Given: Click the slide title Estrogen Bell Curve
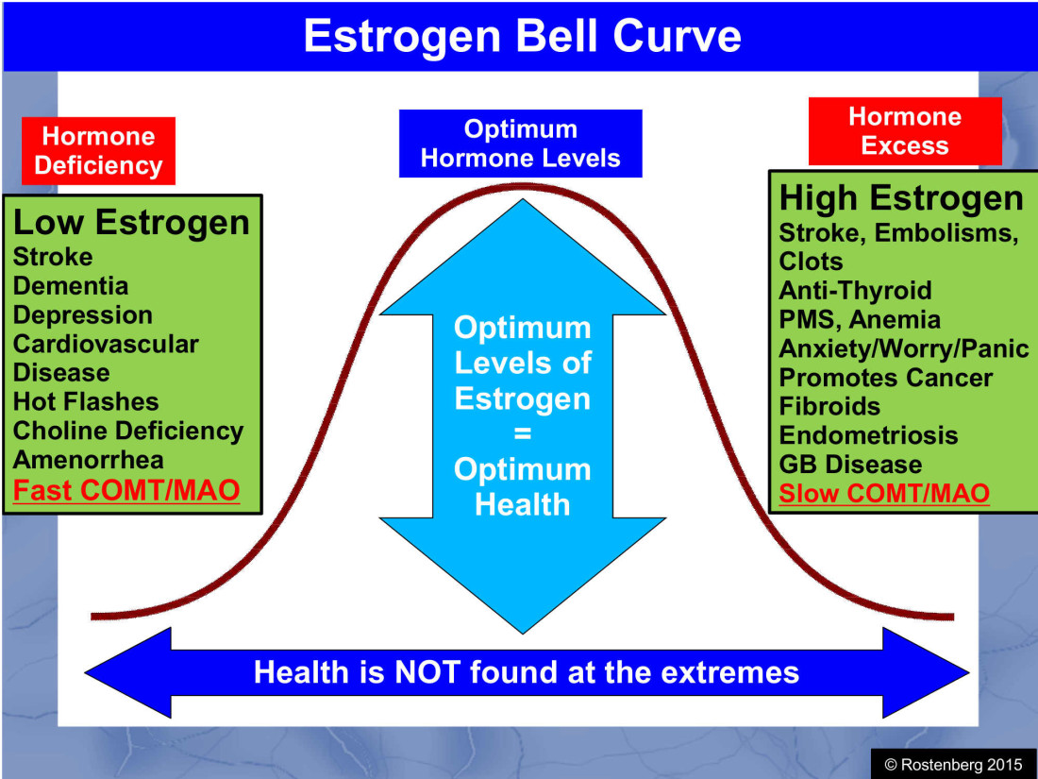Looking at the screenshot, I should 521,36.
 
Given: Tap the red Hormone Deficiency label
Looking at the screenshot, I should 98,151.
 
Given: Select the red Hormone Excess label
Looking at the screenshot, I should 904,131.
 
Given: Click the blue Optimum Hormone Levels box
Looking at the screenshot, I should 520,144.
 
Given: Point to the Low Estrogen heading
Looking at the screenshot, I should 131,223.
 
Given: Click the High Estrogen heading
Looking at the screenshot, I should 900,198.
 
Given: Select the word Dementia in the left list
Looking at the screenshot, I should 71,286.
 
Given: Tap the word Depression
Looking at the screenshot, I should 83,315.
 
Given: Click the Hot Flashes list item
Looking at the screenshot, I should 86,402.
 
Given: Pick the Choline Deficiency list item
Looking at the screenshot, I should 128,432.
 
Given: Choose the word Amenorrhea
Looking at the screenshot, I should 89,461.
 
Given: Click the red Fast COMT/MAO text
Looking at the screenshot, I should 126,491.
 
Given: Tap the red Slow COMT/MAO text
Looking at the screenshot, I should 884,493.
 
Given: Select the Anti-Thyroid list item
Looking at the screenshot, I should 855,290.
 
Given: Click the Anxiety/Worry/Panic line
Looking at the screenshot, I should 903,348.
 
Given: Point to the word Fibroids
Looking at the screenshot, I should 829,407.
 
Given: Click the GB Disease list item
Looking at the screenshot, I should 850,465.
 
